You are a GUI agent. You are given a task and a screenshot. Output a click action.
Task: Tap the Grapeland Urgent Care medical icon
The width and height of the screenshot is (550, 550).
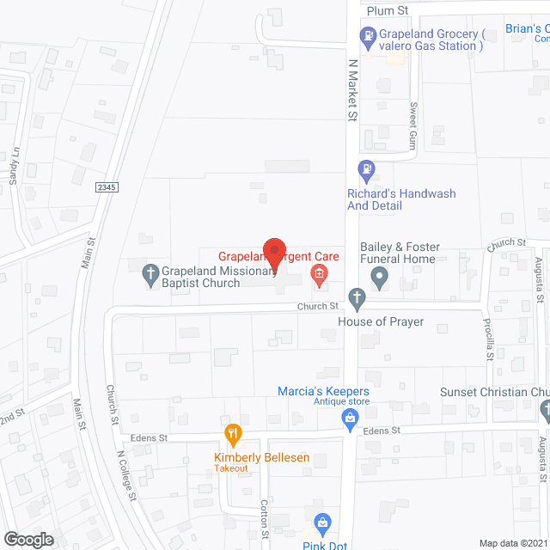[x=319, y=276]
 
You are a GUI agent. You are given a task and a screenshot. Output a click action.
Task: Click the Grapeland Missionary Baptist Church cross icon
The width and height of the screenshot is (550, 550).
[x=151, y=276]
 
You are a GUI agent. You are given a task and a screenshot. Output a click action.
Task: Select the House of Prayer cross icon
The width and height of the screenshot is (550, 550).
[x=357, y=299]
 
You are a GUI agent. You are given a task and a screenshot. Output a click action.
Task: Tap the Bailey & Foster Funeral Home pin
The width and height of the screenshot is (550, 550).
[x=379, y=278]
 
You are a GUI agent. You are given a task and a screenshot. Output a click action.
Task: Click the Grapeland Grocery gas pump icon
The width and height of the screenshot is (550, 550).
[x=366, y=36]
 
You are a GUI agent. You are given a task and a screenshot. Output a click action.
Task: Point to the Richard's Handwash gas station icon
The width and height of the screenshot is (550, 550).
[x=366, y=170]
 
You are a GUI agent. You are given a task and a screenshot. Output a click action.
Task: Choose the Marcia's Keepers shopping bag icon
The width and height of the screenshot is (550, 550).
[x=350, y=419]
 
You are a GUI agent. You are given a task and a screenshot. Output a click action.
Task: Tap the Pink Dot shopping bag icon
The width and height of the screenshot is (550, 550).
[x=322, y=522]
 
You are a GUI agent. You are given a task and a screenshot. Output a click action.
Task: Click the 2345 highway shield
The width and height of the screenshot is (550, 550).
[x=107, y=186]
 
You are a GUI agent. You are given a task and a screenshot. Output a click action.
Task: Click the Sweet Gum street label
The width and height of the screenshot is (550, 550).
[x=413, y=126]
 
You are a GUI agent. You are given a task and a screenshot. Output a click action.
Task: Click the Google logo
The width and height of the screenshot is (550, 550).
[x=27, y=539]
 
